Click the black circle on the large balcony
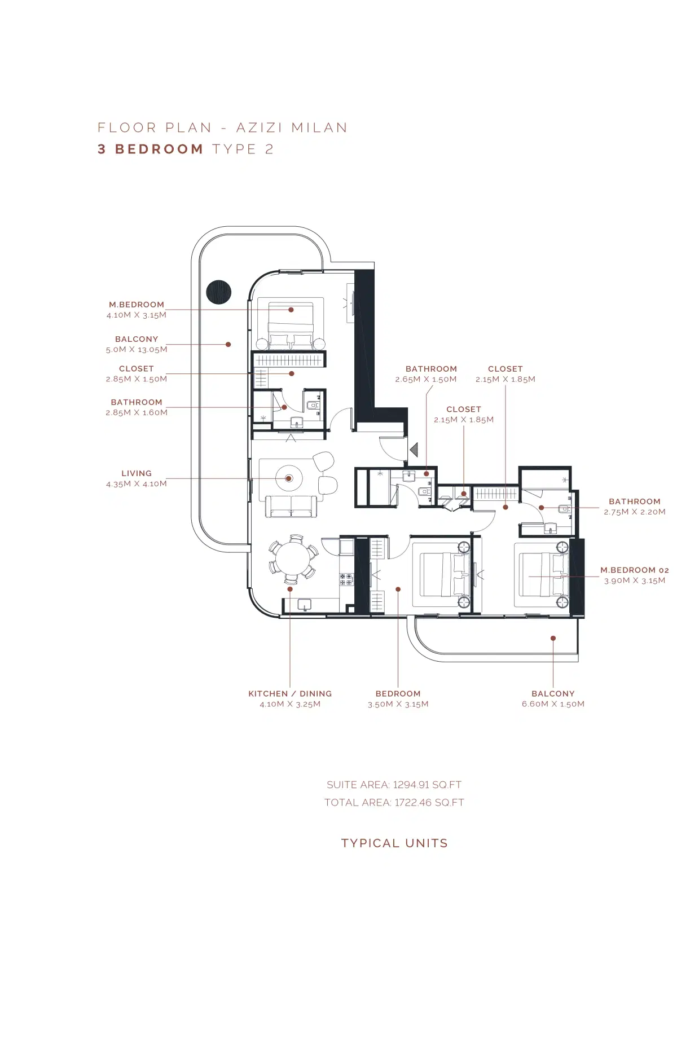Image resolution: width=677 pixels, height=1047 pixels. click(x=219, y=292)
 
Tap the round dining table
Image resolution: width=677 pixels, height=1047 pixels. click(x=292, y=559)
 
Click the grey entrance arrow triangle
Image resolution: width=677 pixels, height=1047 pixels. click(x=414, y=450)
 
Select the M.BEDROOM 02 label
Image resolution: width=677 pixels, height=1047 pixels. click(x=634, y=570)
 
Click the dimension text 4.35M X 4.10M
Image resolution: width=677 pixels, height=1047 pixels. click(x=137, y=484)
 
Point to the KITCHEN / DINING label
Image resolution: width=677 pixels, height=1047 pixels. click(x=290, y=694)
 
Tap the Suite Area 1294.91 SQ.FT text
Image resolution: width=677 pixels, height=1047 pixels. click(x=394, y=785)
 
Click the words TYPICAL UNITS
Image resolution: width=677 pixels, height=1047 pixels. click(x=394, y=843)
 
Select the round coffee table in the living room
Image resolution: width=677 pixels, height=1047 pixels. click(x=289, y=478)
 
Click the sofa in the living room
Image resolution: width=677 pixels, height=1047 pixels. click(x=291, y=507)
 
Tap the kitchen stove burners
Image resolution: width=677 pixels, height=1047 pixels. click(x=346, y=579)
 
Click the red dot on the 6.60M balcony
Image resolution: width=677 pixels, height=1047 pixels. click(x=553, y=638)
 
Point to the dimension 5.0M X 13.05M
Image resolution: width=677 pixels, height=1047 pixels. click(x=137, y=350)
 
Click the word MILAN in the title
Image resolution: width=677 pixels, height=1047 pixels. click(x=319, y=127)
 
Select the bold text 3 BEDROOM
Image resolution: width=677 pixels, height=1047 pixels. click(x=151, y=149)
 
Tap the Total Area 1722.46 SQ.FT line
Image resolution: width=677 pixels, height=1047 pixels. click(x=394, y=803)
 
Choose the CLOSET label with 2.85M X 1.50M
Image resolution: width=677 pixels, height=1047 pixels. click(x=137, y=368)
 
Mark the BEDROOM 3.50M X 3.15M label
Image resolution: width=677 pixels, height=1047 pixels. click(x=398, y=694)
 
